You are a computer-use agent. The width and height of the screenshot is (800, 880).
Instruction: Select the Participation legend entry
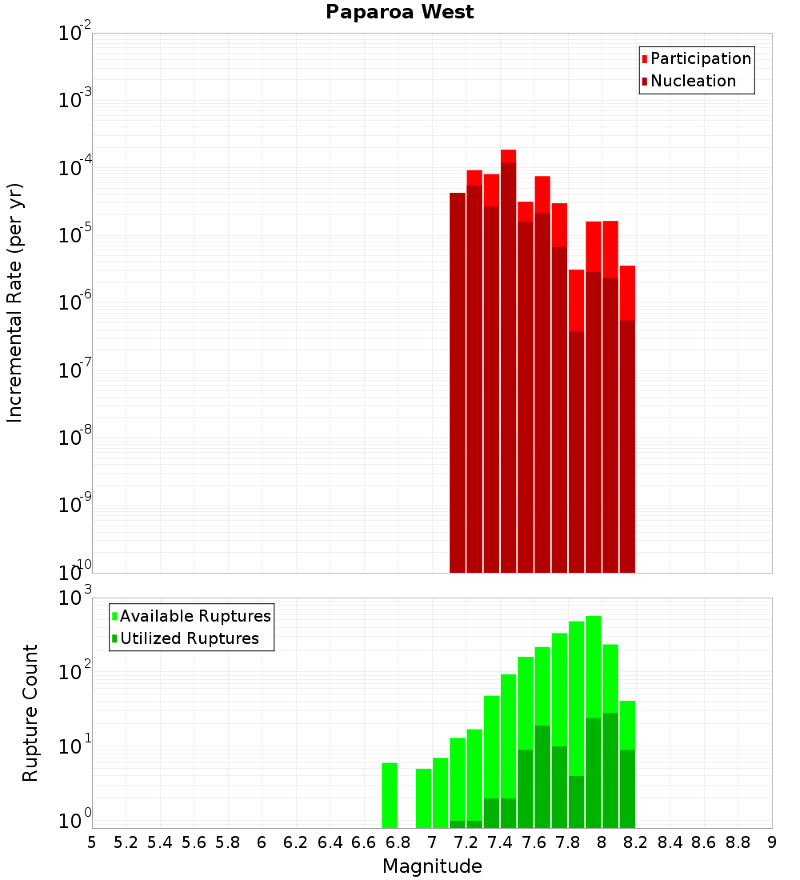click(x=700, y=58)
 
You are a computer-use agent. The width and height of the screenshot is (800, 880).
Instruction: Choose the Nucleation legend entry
click(x=693, y=81)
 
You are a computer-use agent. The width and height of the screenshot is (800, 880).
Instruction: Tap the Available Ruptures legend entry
click(x=195, y=616)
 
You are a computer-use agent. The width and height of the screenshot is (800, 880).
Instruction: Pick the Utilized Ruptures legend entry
click(x=189, y=638)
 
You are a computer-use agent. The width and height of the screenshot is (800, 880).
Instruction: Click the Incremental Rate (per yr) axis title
click(x=15, y=302)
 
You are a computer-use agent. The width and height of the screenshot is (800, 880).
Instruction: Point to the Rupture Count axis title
click(x=30, y=713)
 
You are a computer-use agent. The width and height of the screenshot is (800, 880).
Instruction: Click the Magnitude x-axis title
click(x=432, y=866)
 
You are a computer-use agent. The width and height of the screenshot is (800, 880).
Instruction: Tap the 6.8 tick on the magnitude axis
click(x=398, y=842)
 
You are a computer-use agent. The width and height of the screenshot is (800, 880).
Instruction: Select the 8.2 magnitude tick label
click(x=636, y=842)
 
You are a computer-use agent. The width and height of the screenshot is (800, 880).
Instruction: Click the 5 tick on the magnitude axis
click(x=92, y=842)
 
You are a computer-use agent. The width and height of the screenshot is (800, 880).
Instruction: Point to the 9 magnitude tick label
click(x=772, y=842)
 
